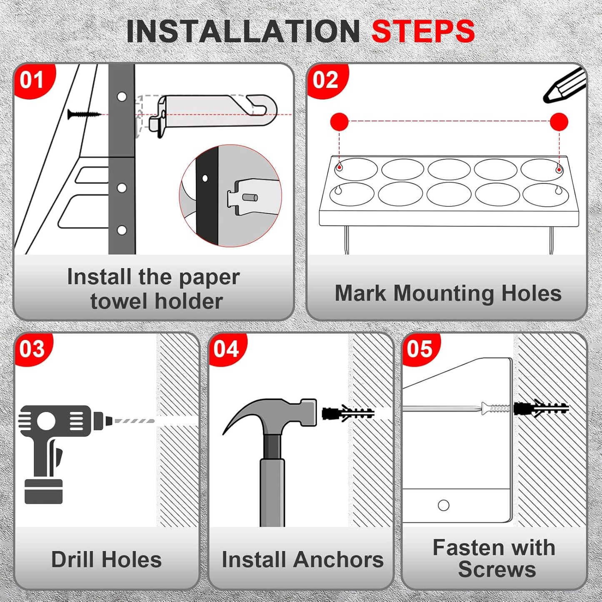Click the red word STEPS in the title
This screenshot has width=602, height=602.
[x=422, y=31]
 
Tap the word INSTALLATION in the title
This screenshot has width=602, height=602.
[x=243, y=31]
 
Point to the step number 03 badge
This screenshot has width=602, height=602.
[x=32, y=349]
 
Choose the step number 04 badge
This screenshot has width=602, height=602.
[x=226, y=349]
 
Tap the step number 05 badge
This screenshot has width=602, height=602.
[x=420, y=349]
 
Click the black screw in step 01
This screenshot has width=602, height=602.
[x=83, y=114]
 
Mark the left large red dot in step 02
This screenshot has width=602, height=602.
[x=339, y=122]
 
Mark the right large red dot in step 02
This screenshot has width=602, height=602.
[x=559, y=122]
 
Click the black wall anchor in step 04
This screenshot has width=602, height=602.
[x=348, y=413]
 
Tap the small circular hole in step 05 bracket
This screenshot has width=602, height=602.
[x=444, y=505]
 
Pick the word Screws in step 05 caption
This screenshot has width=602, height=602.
[x=497, y=570]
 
